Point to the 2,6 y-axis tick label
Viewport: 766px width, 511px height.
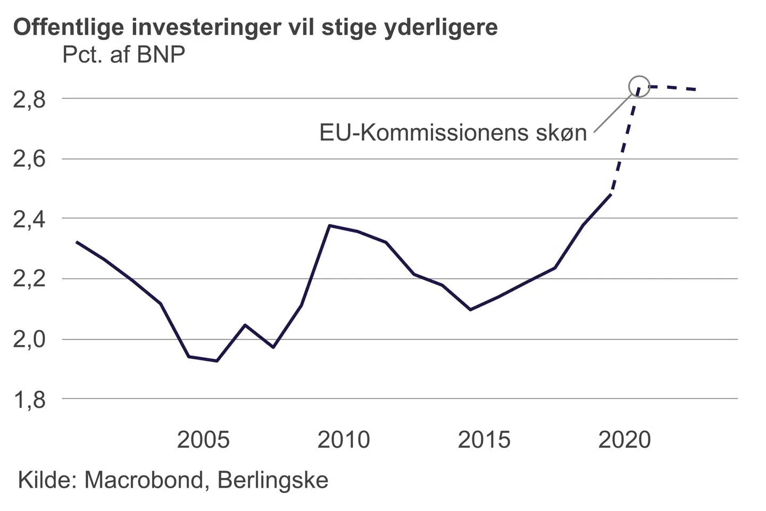click(29, 159)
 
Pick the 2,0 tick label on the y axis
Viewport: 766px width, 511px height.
click(29, 340)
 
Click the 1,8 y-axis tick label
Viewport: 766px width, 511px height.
click(29, 400)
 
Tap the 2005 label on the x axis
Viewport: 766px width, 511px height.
click(203, 440)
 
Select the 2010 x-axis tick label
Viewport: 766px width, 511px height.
click(344, 440)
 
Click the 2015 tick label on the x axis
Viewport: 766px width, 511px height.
click(484, 440)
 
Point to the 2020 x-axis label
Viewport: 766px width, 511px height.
click(625, 440)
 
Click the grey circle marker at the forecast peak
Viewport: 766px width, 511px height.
click(639, 86)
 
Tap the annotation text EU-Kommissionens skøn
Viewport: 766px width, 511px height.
click(453, 133)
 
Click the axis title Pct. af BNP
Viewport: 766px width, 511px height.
click(124, 55)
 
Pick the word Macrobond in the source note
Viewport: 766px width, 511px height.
click(144, 480)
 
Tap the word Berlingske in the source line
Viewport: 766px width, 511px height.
click(273, 480)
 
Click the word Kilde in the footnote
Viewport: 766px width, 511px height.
click(47, 480)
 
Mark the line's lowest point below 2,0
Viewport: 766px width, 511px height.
click(217, 361)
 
